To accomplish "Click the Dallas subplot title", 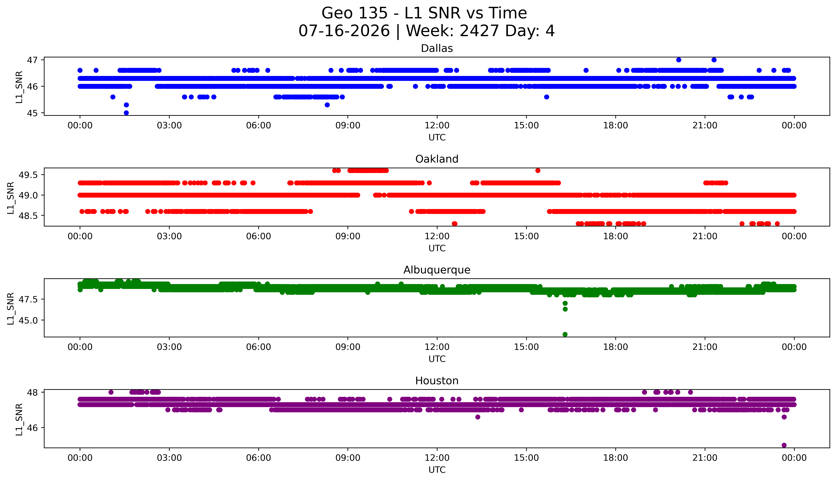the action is coord(437,49).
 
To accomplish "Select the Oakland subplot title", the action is coord(437,159).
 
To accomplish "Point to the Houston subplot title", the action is coord(437,381).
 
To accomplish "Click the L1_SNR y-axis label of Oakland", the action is coord(11,198).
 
